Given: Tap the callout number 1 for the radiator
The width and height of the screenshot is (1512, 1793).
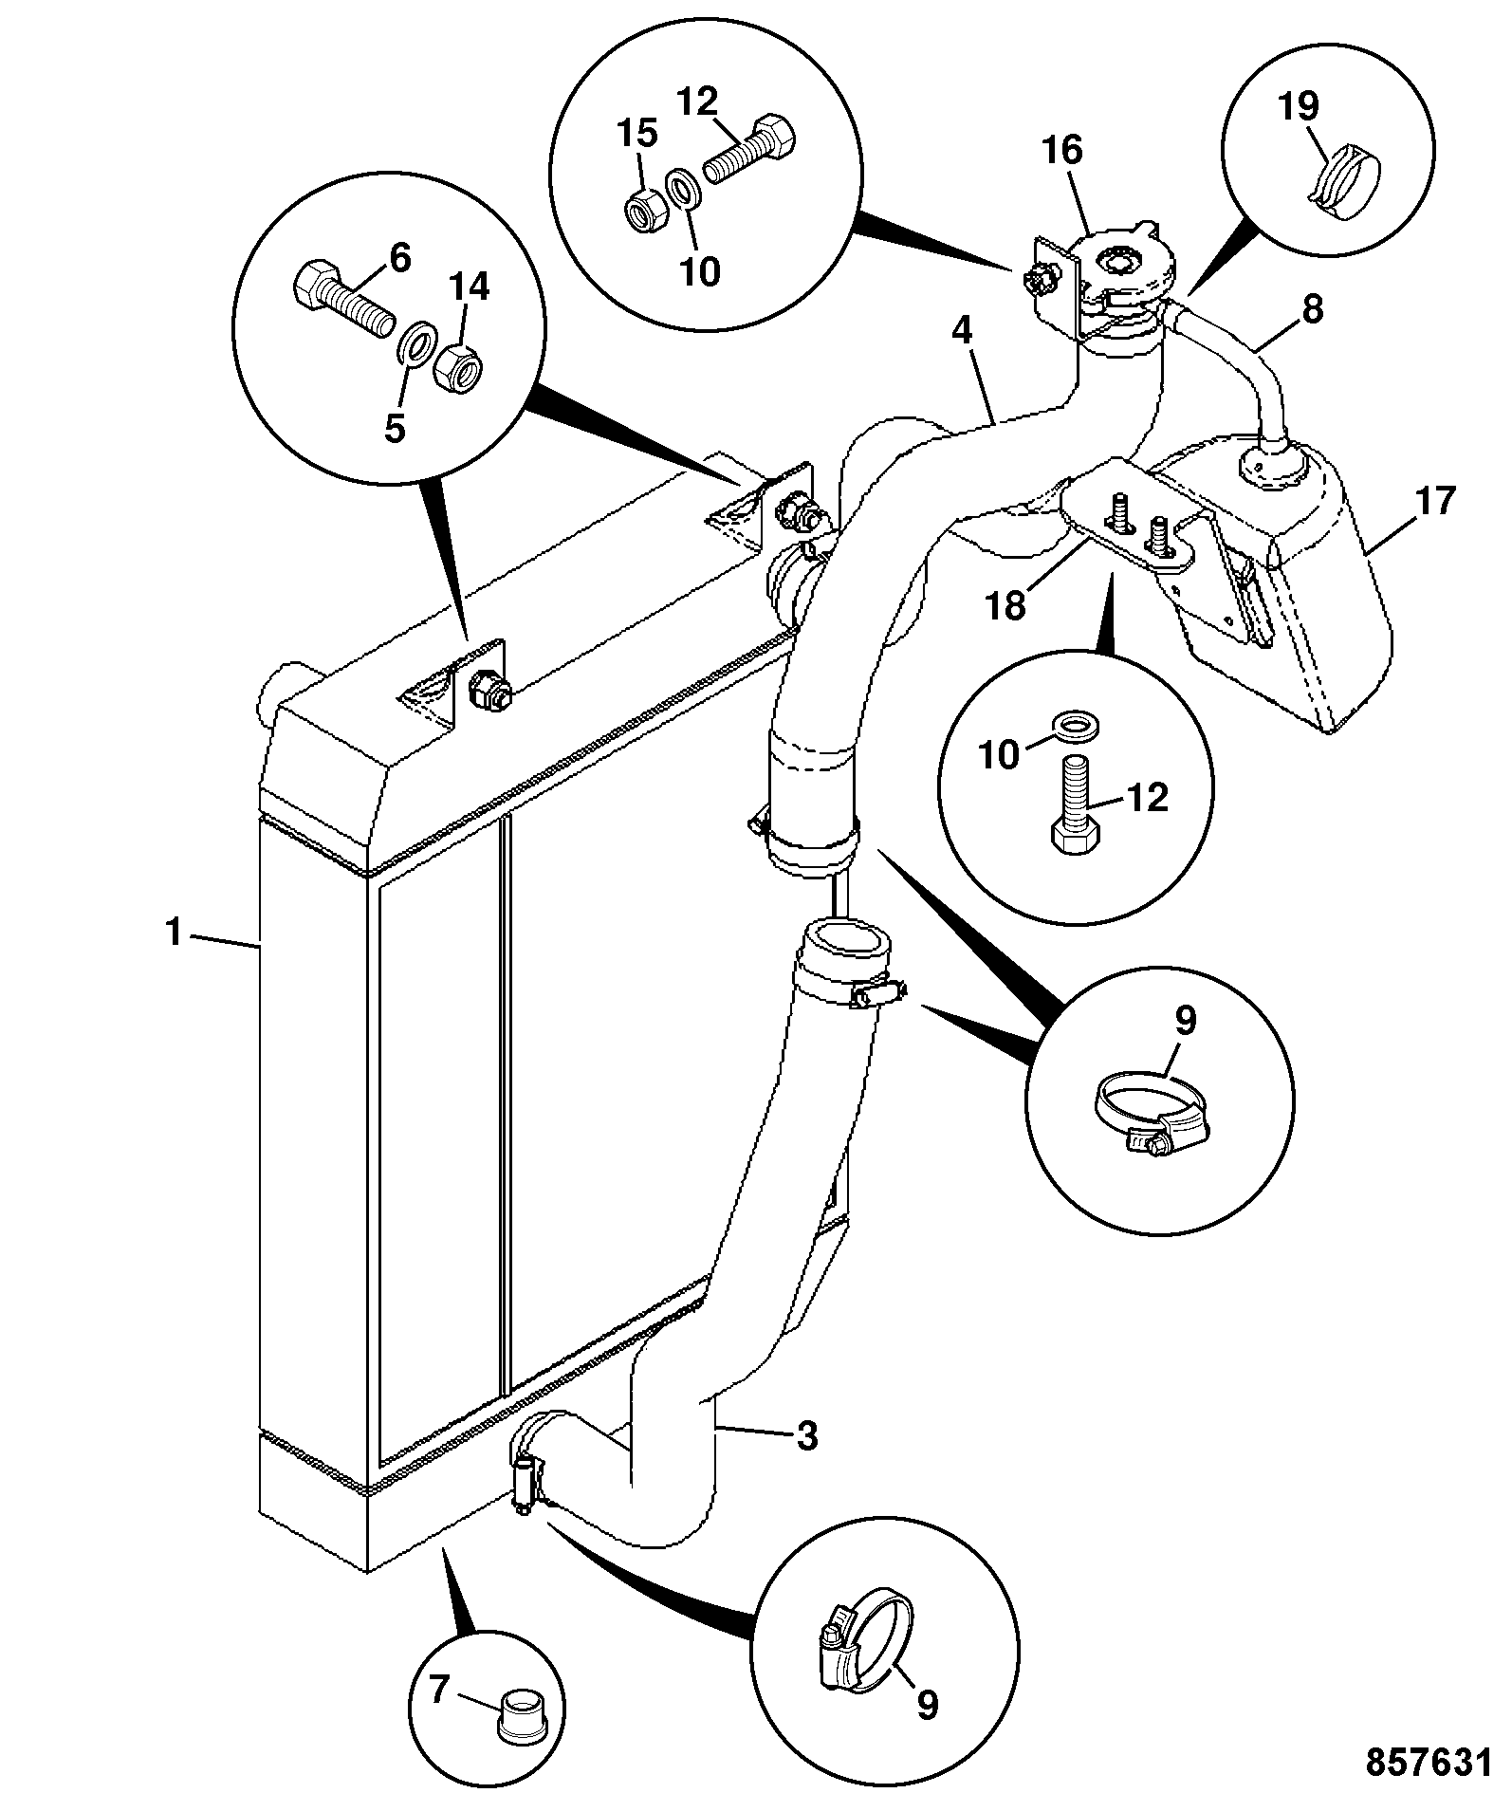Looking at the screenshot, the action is click(x=174, y=933).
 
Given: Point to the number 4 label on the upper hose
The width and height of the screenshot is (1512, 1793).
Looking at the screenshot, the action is click(x=963, y=332).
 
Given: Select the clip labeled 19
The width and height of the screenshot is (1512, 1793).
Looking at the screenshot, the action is click(x=1345, y=183).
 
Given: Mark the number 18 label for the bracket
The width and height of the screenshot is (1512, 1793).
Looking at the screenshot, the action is click(x=1007, y=604).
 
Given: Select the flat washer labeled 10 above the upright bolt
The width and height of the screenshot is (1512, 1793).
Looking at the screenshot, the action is click(x=1074, y=727).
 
